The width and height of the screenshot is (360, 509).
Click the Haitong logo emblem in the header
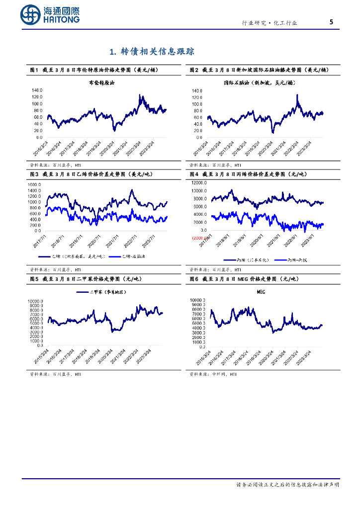pyautogui.click(x=31, y=15)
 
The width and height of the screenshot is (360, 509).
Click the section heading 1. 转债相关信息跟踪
pyautogui.click(x=152, y=51)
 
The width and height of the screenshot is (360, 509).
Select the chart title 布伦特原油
pyautogui.click(x=101, y=83)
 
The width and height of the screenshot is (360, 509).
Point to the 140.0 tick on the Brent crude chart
pyautogui.click(x=37, y=90)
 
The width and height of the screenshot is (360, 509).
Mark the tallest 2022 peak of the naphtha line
pyautogui.click(x=297, y=95)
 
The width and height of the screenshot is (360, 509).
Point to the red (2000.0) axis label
pyautogui.click(x=200, y=238)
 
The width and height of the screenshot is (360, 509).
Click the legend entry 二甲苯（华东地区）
pyautogui.click(x=107, y=292)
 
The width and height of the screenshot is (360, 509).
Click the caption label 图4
pyautogui.click(x=194, y=174)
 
